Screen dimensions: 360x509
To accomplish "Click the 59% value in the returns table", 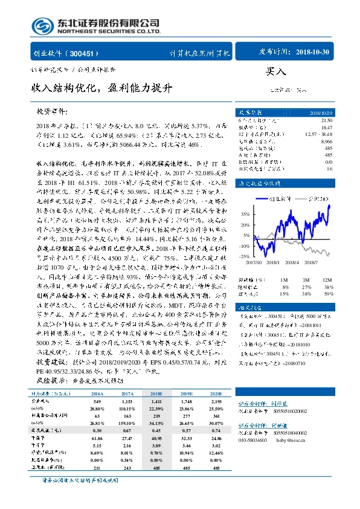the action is click(327, 294).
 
